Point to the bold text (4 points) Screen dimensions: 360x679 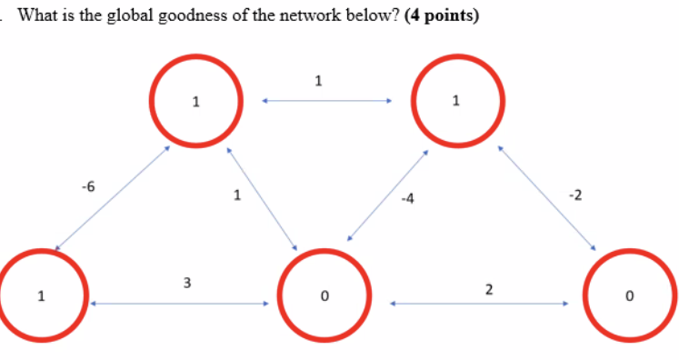point(437,15)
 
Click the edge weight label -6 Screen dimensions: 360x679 point(87,186)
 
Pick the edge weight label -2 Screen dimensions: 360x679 point(574,194)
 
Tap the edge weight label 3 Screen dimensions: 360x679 point(186,283)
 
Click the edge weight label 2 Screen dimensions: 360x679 point(489,289)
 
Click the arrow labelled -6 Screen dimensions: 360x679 point(113,195)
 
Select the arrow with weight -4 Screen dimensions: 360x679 point(387,195)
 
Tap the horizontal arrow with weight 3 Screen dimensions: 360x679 point(180,305)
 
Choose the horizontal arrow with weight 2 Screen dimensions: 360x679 point(480,305)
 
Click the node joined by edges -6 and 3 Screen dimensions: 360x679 point(40,295)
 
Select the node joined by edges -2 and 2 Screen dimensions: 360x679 point(630,295)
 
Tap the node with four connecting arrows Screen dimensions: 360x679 point(325,295)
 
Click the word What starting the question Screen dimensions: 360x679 point(38,15)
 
